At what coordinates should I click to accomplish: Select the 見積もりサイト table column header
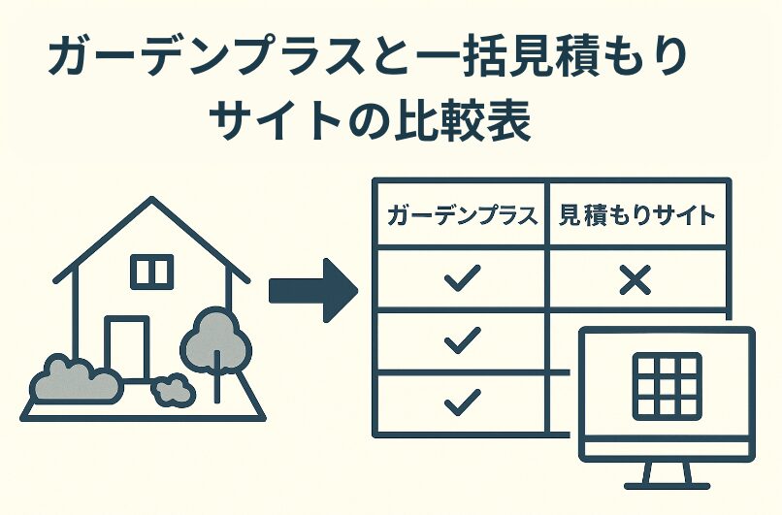pos(636,215)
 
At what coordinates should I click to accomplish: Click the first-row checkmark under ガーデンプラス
pos(462,279)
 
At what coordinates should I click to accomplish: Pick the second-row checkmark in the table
pos(462,338)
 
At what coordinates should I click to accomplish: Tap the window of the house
pos(151,272)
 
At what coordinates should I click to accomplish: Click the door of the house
pos(127,347)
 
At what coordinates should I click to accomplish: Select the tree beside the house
pos(216,335)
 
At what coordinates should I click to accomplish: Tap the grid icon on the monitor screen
pos(667,385)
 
